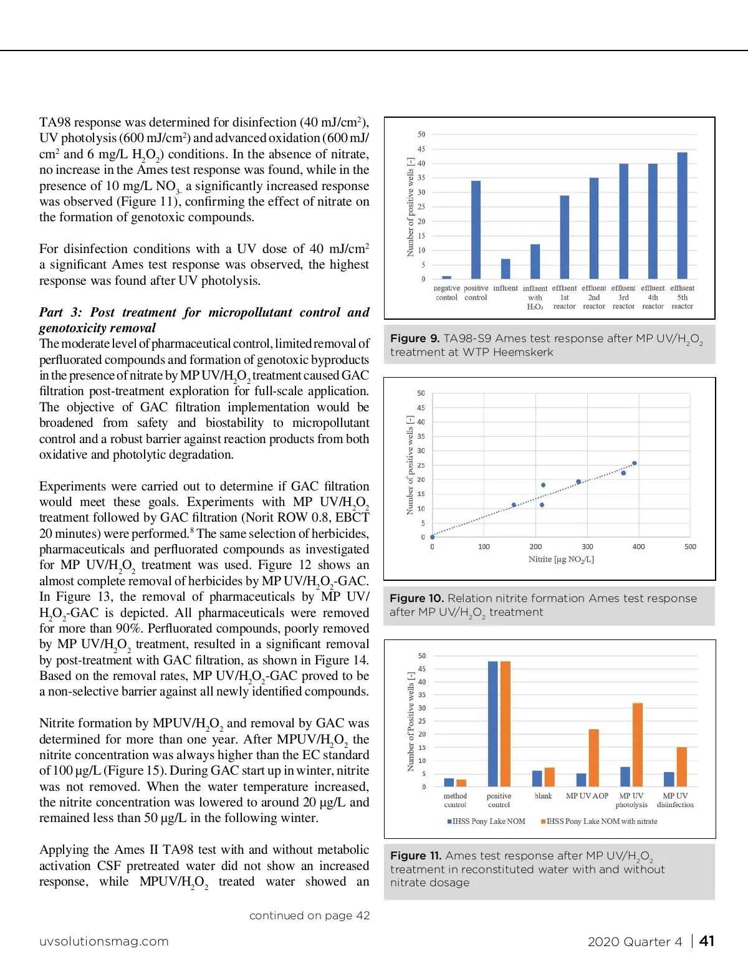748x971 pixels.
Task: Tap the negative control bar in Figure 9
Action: [446, 277]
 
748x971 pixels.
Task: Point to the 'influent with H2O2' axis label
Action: [535, 297]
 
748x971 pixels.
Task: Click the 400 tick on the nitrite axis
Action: [638, 547]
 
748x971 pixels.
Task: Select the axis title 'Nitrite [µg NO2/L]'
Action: [561, 559]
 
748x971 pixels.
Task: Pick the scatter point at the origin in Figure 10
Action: [432, 537]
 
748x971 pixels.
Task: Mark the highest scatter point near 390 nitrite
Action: [635, 463]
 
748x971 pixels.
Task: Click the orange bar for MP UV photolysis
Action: [638, 745]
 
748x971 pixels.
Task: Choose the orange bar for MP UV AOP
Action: [593, 758]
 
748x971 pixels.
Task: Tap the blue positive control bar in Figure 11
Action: [492, 724]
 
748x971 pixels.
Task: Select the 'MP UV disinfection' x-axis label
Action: [675, 800]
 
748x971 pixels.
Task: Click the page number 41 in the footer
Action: [706, 941]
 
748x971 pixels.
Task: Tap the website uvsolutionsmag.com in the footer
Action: [103, 941]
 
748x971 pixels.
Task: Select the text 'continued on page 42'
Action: [309, 916]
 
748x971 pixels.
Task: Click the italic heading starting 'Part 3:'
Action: [204, 320]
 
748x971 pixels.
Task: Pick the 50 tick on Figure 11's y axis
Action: [422, 656]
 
